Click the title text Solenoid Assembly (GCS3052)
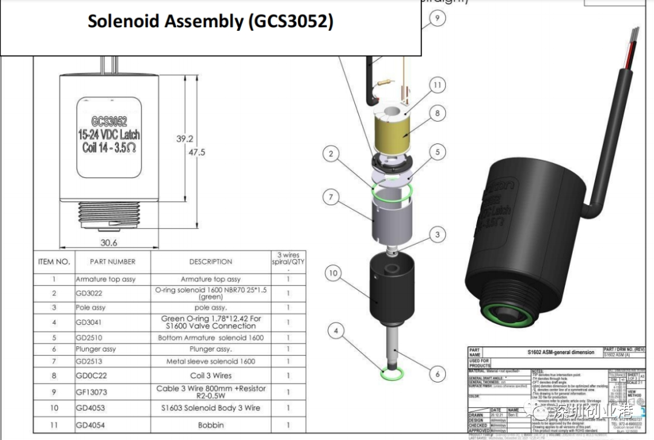point(210,21)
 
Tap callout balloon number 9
point(437,18)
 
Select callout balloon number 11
point(437,86)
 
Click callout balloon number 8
point(437,113)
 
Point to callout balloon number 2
point(331,154)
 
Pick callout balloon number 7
point(331,197)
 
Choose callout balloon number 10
point(333,273)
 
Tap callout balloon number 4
point(336,330)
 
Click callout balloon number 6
point(437,374)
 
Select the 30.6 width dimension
point(109,243)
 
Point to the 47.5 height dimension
point(197,152)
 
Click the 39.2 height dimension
point(185,139)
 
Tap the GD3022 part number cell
point(89,293)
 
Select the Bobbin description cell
point(210,425)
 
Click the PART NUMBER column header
point(113,262)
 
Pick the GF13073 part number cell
point(91,392)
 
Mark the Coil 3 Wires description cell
point(210,376)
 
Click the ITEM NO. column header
point(54,262)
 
